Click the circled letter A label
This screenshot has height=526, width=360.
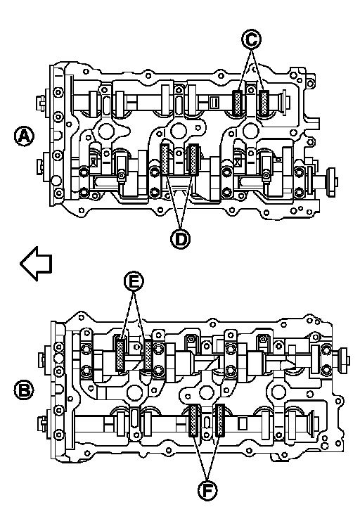[24, 136]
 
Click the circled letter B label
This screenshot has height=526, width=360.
[24, 390]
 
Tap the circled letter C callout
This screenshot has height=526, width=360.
[251, 39]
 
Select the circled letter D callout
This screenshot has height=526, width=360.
[180, 239]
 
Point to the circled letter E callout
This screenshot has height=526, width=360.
[134, 282]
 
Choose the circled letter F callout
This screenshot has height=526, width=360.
[207, 491]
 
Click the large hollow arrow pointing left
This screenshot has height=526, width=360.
[36, 263]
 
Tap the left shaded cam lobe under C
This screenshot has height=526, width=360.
[238, 103]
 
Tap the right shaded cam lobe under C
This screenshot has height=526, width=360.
[264, 103]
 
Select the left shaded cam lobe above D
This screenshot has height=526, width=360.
[165, 159]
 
